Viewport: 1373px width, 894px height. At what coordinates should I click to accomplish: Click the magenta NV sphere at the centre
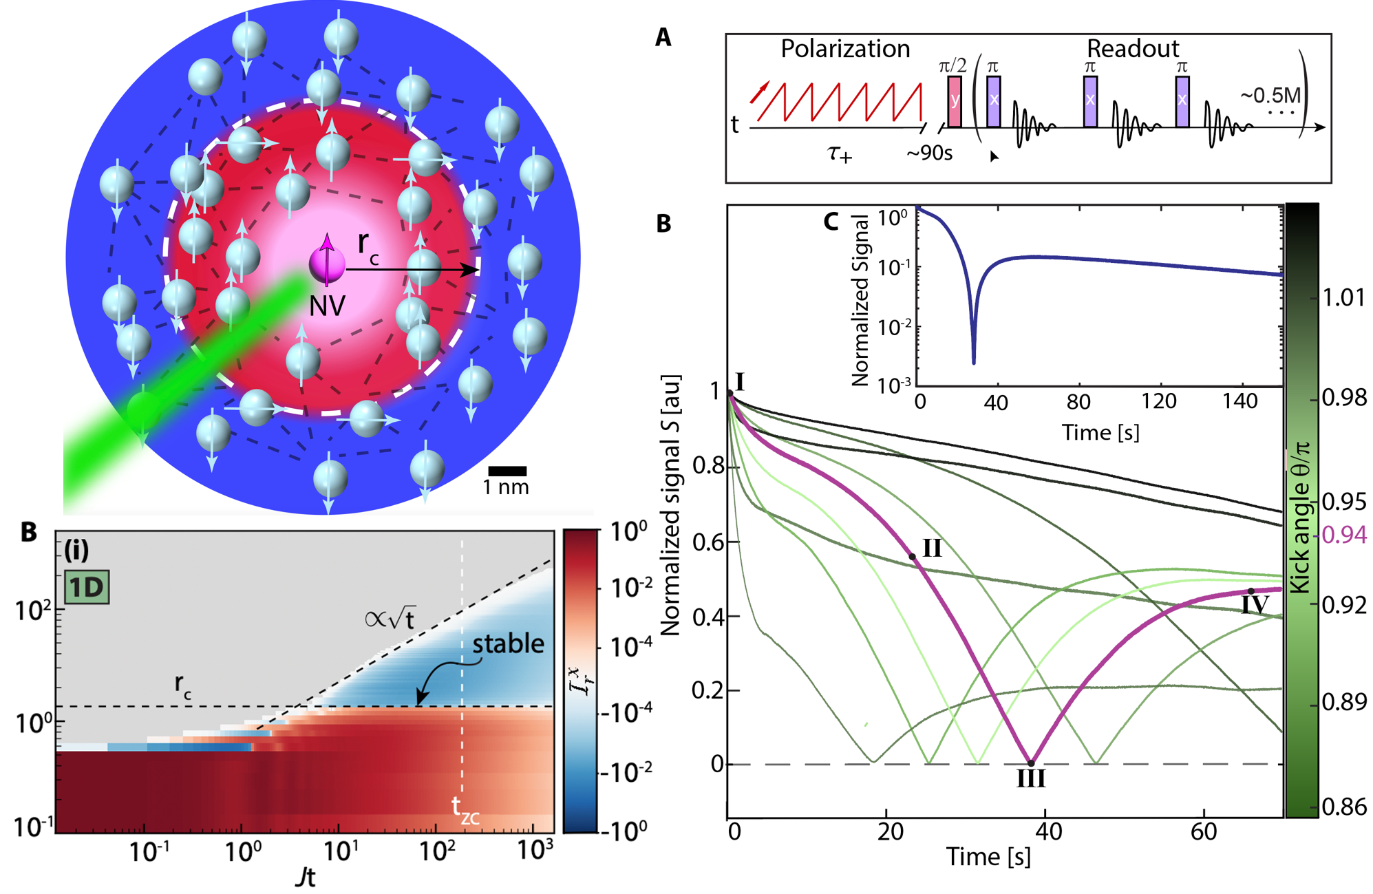click(x=326, y=265)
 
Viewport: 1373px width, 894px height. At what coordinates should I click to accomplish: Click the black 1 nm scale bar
click(x=507, y=471)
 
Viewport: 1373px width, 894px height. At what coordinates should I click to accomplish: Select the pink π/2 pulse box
click(x=955, y=101)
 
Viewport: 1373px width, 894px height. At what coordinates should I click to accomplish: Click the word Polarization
click(x=844, y=49)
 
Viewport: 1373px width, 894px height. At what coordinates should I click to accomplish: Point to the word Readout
click(x=1132, y=49)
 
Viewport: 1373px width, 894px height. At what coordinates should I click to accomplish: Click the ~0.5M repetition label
click(x=1270, y=95)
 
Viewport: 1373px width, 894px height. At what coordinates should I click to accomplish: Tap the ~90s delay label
click(x=929, y=153)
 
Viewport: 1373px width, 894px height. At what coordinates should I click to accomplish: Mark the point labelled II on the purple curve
click(x=913, y=557)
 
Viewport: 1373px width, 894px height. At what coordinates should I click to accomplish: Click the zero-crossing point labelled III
click(x=1031, y=763)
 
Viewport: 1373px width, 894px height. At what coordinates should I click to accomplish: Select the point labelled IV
click(x=1250, y=591)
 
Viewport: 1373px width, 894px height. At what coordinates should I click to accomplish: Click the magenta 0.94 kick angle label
click(x=1344, y=535)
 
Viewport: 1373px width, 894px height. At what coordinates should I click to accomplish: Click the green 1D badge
click(x=87, y=588)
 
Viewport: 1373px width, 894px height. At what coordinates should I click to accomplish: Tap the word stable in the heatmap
click(x=508, y=643)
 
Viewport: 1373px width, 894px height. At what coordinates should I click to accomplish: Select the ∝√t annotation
click(x=390, y=618)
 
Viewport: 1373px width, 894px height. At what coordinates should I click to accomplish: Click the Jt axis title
click(x=305, y=877)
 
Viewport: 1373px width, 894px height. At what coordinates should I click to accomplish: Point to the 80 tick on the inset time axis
click(x=1078, y=402)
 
